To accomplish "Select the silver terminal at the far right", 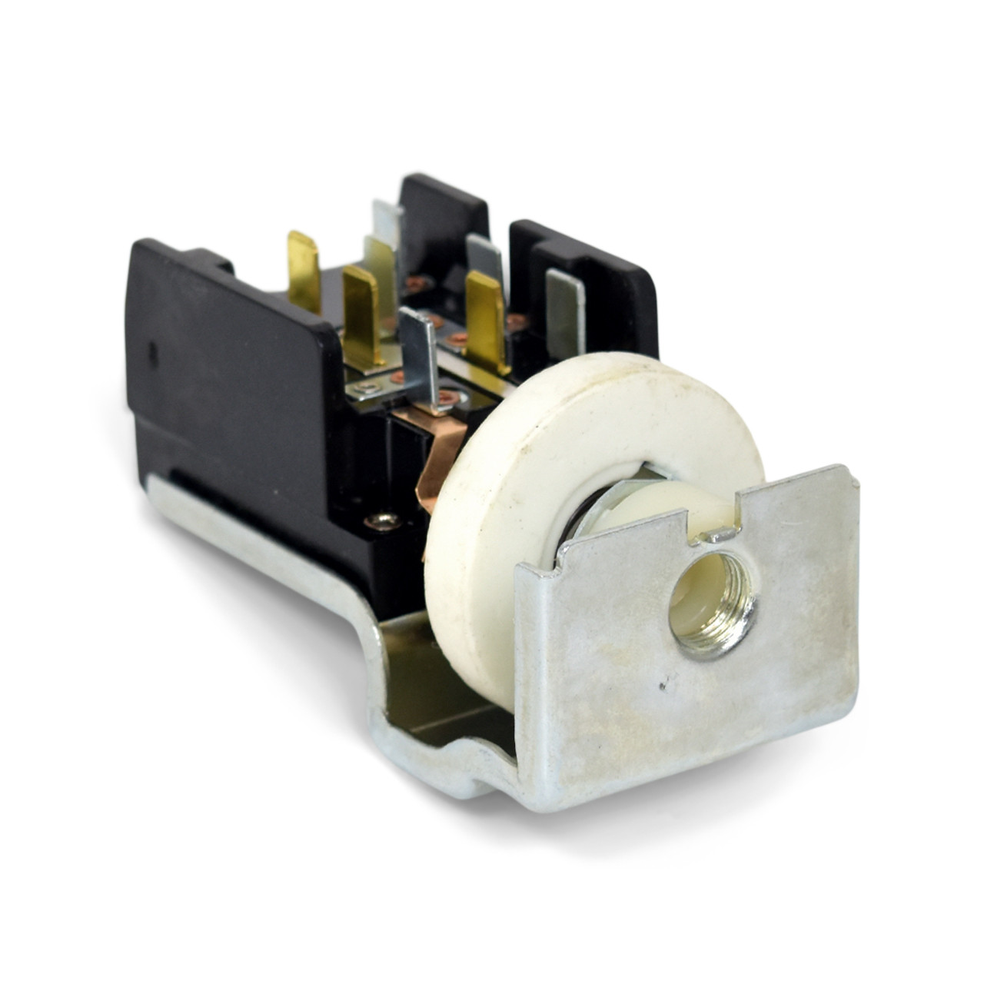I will [x=564, y=311].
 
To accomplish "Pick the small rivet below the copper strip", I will [x=383, y=522].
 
